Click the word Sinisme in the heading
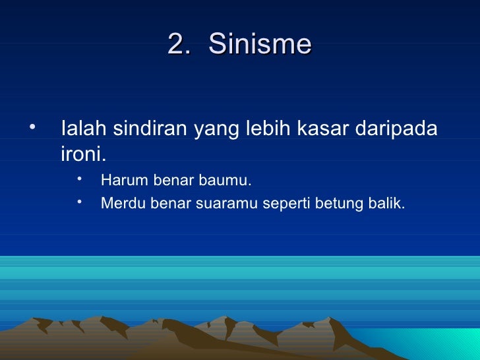(x=260, y=45)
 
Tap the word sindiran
(x=150, y=129)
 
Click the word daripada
(x=396, y=130)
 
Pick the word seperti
(x=286, y=205)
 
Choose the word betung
(x=336, y=204)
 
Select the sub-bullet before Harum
(x=78, y=179)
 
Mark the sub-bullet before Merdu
(x=78, y=202)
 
